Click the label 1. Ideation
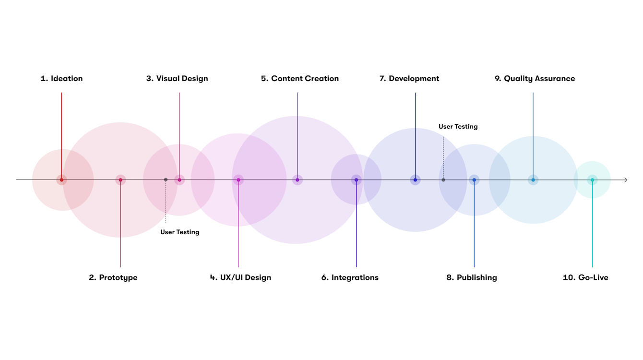coord(61,79)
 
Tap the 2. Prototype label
coord(113,277)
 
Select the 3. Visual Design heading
coord(177,79)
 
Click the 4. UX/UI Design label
coord(240,277)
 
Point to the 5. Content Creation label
coord(300,79)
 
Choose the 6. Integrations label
coord(350,277)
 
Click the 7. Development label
coord(409,79)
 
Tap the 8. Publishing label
coord(472,277)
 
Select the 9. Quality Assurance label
coord(535,79)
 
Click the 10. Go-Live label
coord(585,277)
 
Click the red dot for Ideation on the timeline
coord(61,180)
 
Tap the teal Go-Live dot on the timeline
coord(592,180)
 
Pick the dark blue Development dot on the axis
coord(415,180)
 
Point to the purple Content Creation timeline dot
coord(298,180)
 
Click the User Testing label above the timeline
coord(458,127)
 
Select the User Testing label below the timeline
coord(180,232)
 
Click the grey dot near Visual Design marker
coord(166,180)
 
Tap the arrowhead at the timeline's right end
coord(625,180)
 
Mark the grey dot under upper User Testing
coord(443,180)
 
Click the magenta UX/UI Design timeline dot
coord(238,180)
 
